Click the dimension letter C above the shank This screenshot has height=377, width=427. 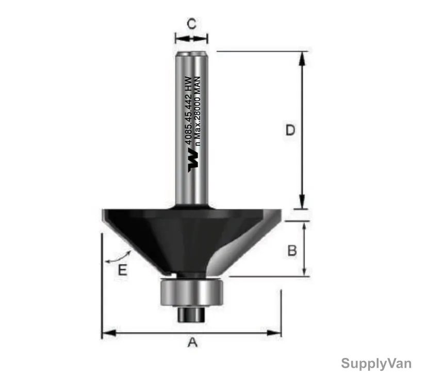click(x=192, y=24)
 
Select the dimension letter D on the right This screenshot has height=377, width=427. click(x=290, y=130)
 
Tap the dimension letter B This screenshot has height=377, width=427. click(x=292, y=250)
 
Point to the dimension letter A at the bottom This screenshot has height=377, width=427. click(x=192, y=342)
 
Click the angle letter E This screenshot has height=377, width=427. click(x=123, y=270)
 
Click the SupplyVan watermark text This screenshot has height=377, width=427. click(x=376, y=364)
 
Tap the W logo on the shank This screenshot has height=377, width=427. click(x=193, y=160)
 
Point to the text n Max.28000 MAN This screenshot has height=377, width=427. click(x=198, y=111)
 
